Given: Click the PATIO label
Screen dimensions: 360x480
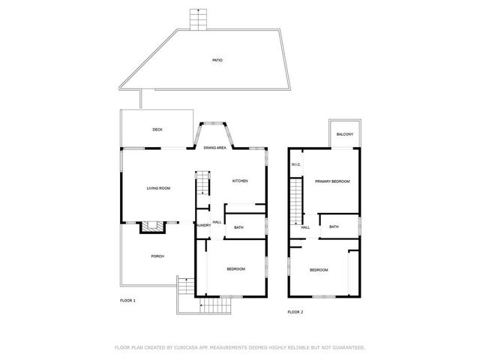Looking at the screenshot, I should (x=217, y=60).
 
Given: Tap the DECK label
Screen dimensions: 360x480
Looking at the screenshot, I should (x=157, y=130).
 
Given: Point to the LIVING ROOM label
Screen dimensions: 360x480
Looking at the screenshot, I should (x=158, y=187).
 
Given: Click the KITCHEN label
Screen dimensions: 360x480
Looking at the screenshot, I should (x=240, y=181).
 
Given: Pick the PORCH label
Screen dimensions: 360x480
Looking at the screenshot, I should (x=157, y=256).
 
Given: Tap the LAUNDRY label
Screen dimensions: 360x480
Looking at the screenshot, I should (x=202, y=225).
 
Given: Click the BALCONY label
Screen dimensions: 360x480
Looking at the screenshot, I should (x=345, y=134).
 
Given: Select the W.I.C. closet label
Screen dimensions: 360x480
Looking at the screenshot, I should (x=296, y=165).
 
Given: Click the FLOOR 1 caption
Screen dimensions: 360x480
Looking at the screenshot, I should (x=128, y=300).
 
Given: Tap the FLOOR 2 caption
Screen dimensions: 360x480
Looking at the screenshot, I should (x=295, y=311).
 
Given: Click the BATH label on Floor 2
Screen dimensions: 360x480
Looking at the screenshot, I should (x=334, y=226).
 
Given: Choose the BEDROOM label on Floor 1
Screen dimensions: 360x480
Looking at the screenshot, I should (x=236, y=268).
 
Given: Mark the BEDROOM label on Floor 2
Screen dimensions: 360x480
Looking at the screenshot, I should (x=319, y=270).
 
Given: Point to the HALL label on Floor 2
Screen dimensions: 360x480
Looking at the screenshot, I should (x=305, y=227).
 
